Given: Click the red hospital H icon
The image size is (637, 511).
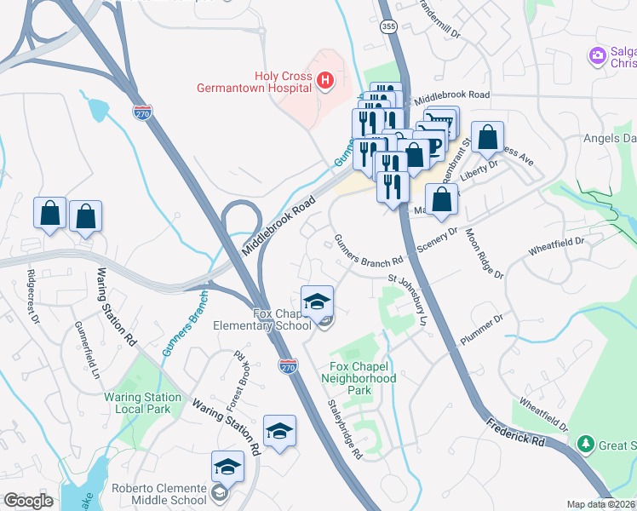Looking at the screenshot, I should click(x=324, y=81).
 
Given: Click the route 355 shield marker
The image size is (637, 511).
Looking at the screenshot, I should click(x=387, y=28).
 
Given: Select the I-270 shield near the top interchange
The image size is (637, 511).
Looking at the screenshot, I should click(x=142, y=112).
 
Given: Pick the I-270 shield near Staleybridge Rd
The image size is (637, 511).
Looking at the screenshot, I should click(x=288, y=365).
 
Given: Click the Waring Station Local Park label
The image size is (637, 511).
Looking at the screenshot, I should click(x=143, y=403).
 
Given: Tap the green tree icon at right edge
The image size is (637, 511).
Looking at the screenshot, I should click(x=585, y=444).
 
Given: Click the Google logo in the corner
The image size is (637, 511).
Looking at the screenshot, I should click(x=27, y=501).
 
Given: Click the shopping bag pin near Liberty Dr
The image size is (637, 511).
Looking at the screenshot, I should click(x=487, y=137).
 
